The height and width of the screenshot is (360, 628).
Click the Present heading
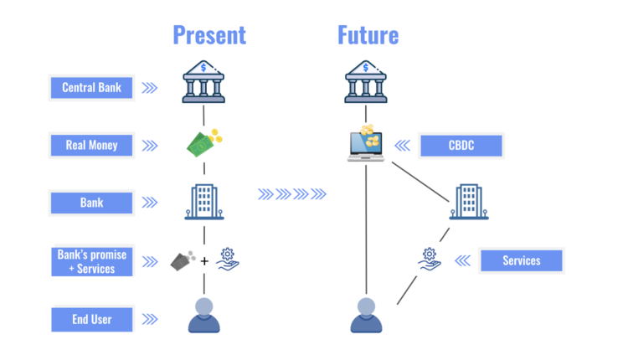209,35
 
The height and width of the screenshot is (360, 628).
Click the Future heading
368,35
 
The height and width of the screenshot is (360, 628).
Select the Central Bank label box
91,87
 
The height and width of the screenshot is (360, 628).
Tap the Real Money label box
91,145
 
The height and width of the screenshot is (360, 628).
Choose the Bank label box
91,202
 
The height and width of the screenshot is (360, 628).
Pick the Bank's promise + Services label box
91,261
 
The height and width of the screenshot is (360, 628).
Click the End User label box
91,319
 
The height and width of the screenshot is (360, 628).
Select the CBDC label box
460,146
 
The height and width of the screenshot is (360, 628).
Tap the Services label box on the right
521,260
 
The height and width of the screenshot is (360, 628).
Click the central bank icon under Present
203,81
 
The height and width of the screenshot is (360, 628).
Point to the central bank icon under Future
367,81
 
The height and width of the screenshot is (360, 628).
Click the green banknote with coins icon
203,141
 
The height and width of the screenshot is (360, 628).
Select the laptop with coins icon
366,143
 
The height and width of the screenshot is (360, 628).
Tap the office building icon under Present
203,201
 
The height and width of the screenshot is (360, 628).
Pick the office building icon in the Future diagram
468,202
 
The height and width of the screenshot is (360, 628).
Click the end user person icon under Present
203,316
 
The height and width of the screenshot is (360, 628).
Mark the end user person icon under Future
367,316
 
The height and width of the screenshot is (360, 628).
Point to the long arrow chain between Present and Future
291,195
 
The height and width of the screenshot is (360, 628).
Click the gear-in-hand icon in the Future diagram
430,259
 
